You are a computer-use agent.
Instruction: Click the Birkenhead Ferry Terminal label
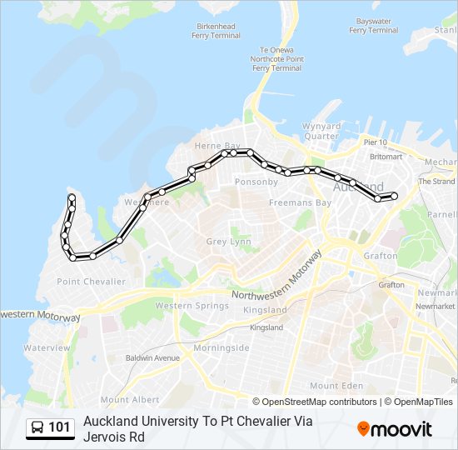[216, 31]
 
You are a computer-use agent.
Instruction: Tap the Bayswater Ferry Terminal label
[373, 25]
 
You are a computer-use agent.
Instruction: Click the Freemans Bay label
[301, 202]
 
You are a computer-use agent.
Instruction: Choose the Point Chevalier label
[92, 282]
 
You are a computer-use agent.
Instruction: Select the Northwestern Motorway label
[275, 280]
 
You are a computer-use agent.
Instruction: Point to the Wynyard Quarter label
[321, 131]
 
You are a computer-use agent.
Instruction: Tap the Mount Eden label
[336, 386]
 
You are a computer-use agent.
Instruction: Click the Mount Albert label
[129, 400]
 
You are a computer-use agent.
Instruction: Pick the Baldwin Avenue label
[152, 358]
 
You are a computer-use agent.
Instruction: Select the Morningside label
[221, 347]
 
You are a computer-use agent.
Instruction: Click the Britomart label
[386, 157]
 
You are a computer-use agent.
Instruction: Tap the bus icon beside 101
[37, 428]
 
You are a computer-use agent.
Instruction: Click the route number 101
[59, 428]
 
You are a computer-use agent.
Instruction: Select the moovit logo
[395, 429]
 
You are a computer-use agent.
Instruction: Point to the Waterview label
[47, 347]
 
